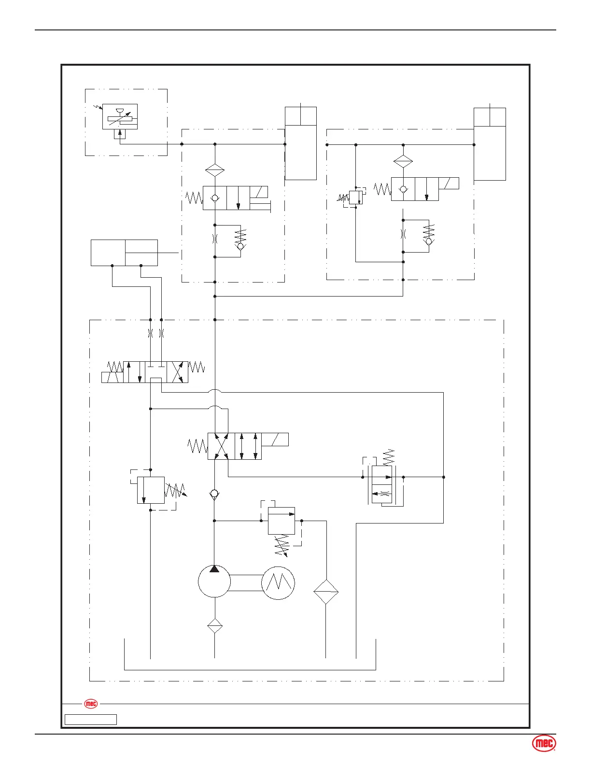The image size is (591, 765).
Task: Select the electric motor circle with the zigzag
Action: point(278,583)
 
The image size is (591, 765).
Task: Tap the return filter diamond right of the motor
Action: point(326,592)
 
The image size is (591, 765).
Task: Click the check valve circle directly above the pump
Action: point(214,494)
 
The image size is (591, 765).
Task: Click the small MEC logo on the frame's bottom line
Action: point(91,704)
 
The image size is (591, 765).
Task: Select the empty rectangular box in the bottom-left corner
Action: point(91,720)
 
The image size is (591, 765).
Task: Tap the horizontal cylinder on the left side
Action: point(124,252)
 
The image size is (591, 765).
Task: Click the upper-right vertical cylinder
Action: point(490,144)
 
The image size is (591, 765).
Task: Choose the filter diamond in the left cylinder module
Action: point(215,170)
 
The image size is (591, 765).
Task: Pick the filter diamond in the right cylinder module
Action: point(403,161)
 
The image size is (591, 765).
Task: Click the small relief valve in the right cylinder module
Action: point(355,197)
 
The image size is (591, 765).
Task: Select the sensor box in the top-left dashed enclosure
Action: point(120,116)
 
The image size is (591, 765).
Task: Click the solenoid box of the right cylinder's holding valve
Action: point(449,183)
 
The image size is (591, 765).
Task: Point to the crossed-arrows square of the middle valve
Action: point(221,446)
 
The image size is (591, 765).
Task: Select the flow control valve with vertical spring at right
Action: point(382,484)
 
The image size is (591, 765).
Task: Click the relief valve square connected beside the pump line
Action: point(281,521)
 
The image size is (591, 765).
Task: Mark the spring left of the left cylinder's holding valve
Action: point(194,197)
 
